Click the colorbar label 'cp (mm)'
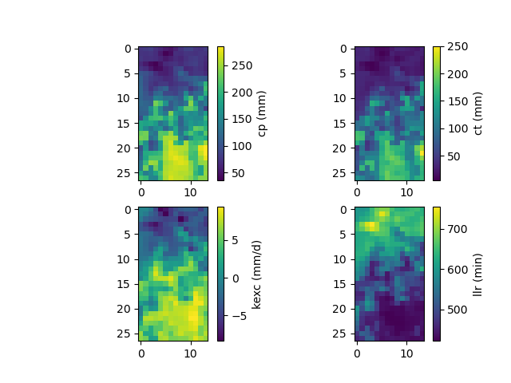(x=262, y=113)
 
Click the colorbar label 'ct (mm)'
(x=477, y=113)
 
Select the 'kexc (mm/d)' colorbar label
(x=256, y=274)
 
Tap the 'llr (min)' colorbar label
(x=477, y=274)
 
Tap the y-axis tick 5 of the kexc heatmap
(x=128, y=234)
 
